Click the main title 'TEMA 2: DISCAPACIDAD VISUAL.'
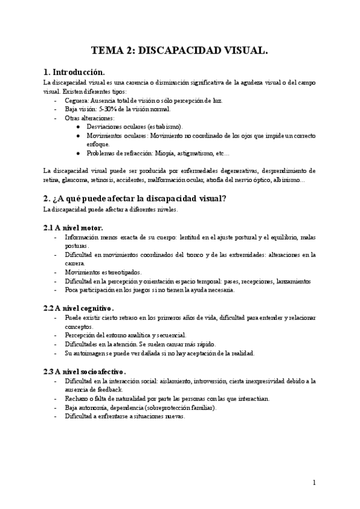click(x=179, y=52)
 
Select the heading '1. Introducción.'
click(x=75, y=71)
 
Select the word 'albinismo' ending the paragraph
click(x=288, y=179)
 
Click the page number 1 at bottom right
click(x=314, y=482)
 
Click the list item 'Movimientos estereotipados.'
click(x=101, y=272)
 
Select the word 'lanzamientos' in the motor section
click(x=290, y=281)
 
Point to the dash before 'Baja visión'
click(x=56, y=109)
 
